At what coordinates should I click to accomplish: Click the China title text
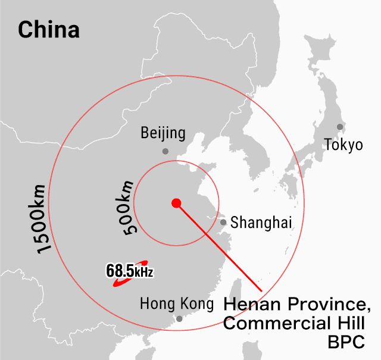point(49,29)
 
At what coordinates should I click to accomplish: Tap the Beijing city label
point(163,133)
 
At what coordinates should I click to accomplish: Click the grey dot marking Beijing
point(165,151)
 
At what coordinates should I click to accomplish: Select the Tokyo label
point(343,145)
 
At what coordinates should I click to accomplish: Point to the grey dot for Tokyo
point(339,127)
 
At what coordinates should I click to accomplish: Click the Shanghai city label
point(261,223)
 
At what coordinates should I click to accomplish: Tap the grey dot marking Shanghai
point(223,223)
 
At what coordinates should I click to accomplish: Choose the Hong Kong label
point(176,304)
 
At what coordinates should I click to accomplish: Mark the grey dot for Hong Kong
point(180,319)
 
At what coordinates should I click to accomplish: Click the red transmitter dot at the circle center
point(176,203)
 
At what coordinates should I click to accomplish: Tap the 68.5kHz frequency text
point(129,271)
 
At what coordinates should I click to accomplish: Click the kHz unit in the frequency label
point(143,273)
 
